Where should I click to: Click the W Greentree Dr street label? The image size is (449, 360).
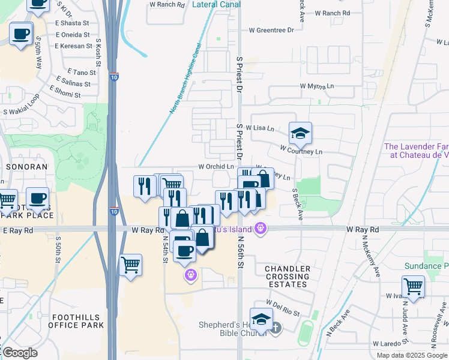(x=271, y=29)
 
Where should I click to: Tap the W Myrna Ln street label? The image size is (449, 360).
(x=317, y=86)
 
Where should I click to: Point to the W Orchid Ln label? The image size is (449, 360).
(x=216, y=167)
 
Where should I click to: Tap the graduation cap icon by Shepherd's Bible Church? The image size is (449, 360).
(x=261, y=320)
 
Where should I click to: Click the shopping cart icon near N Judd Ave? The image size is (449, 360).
(x=413, y=286)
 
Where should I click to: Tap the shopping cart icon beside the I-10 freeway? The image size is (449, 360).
(x=131, y=265)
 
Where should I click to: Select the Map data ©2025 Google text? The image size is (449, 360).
(x=412, y=355)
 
